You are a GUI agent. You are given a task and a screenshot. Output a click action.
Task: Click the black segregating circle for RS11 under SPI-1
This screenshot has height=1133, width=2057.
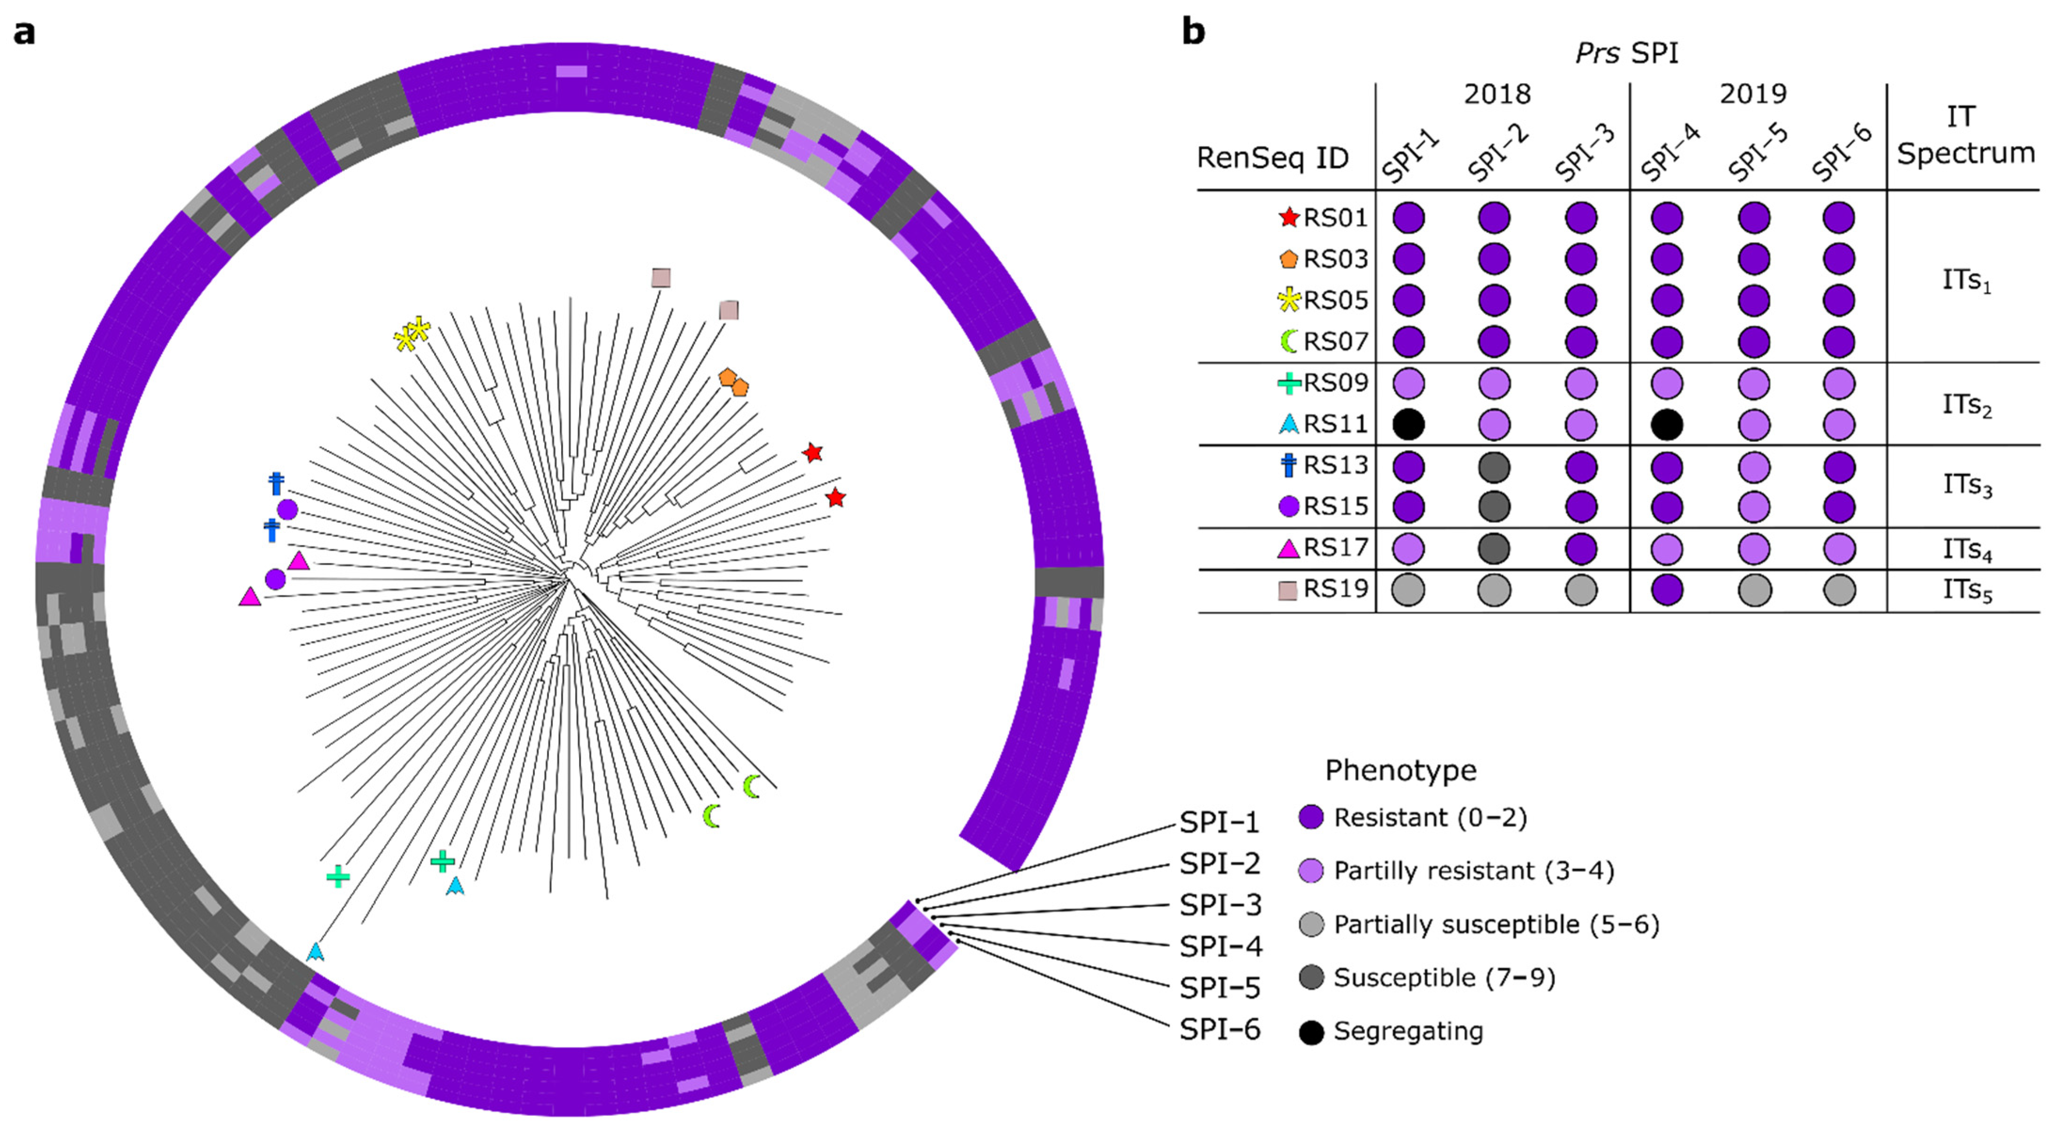[x=1409, y=424]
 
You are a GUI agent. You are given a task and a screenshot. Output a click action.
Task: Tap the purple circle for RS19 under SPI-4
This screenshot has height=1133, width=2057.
[x=1668, y=590]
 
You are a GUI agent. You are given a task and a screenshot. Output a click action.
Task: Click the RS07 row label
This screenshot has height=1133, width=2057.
[x=1335, y=342]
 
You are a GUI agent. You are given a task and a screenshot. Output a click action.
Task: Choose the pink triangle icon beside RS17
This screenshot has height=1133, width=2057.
[x=1288, y=548]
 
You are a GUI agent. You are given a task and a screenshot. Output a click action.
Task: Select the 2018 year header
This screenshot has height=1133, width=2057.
[x=1497, y=94]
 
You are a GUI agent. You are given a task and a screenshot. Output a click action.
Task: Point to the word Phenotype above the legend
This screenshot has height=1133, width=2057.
[x=1401, y=770]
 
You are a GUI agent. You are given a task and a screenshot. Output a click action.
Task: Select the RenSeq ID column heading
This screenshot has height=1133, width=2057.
[x=1272, y=158]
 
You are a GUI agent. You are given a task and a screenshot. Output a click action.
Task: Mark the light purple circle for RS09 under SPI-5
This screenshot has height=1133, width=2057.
[x=1755, y=383]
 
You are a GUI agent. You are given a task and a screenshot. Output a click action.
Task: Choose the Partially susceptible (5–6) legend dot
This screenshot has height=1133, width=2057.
[x=1311, y=925]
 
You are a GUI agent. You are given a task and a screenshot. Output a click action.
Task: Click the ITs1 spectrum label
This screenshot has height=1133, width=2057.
[x=1967, y=281]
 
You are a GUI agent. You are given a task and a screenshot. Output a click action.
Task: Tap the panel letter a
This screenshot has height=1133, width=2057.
[x=25, y=33]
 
